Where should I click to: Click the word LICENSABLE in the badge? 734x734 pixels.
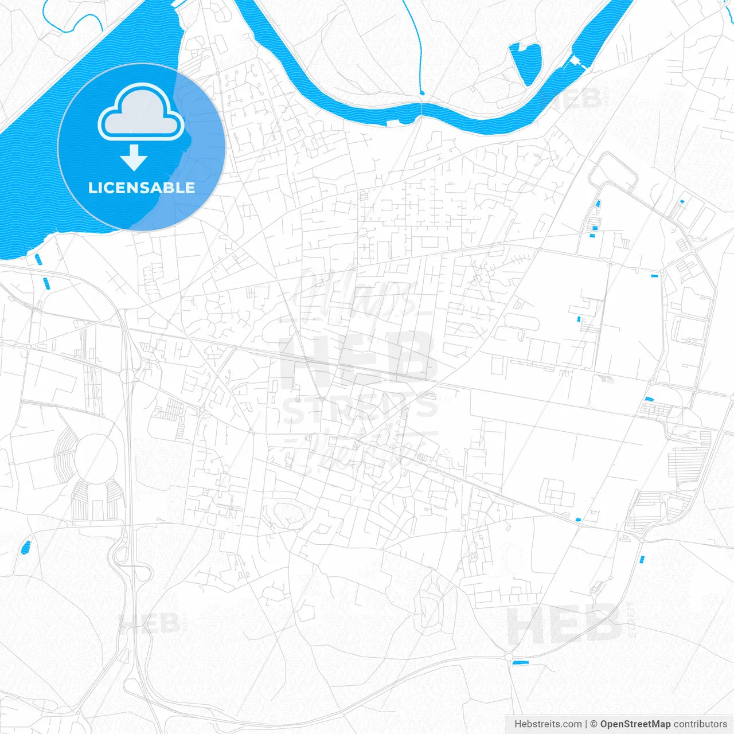(141, 188)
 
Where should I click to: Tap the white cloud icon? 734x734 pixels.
(141, 113)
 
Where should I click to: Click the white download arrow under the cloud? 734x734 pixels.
(134, 158)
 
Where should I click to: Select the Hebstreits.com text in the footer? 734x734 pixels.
(548, 724)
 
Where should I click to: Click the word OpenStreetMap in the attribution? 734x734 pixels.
(635, 724)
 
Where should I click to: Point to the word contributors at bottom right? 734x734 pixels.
(700, 724)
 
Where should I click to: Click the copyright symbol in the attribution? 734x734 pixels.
(594, 724)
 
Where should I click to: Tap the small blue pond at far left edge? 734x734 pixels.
(25, 547)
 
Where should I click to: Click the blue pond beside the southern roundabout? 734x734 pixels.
(520, 663)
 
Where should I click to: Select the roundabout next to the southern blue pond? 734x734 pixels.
(508, 656)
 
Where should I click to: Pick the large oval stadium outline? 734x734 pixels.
(96, 458)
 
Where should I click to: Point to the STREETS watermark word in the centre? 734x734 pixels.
(360, 408)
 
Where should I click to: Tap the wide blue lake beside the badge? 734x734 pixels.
(34, 172)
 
